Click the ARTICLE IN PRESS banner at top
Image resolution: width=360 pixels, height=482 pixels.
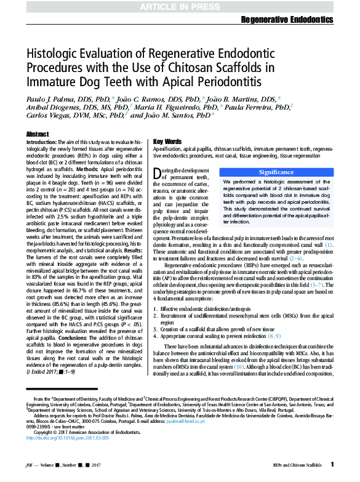pyautogui.click(x=180, y=7)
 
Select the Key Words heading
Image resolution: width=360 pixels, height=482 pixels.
pyautogui.click(x=167, y=141)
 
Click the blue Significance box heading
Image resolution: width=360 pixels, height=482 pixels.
pyautogui.click(x=276, y=172)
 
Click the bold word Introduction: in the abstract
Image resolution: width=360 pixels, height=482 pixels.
pyautogui.click(x=41, y=142)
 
